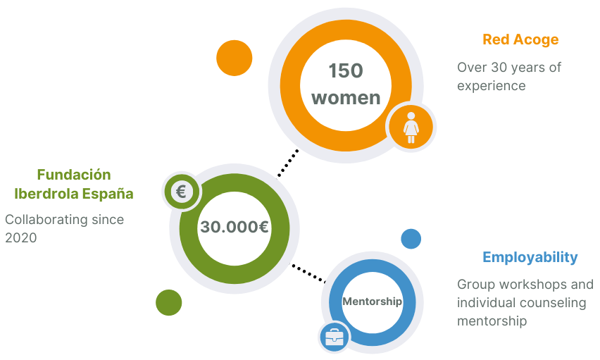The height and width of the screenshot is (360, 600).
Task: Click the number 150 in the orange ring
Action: click(x=346, y=71)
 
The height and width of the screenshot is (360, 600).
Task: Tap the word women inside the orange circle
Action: click(x=346, y=98)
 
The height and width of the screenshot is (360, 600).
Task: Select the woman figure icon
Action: click(x=411, y=128)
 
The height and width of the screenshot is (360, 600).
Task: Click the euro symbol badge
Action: click(x=182, y=191)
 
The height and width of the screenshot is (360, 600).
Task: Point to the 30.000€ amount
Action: click(x=235, y=227)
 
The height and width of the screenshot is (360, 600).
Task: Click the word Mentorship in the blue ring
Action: click(x=373, y=302)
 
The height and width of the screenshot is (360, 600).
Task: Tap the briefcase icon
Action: click(x=334, y=337)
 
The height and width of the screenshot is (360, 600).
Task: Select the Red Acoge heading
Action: click(x=520, y=39)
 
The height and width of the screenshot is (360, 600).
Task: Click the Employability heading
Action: click(x=530, y=257)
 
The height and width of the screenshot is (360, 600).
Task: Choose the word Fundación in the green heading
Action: click(x=74, y=175)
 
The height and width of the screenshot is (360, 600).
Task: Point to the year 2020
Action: click(x=21, y=238)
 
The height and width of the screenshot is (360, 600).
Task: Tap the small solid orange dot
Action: click(x=235, y=58)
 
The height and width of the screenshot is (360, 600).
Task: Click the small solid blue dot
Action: click(x=411, y=239)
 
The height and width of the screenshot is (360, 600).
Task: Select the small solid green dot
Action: click(x=169, y=302)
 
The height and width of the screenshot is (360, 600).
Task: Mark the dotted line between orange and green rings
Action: click(x=288, y=163)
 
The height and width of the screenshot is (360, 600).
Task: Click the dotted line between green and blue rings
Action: click(x=309, y=273)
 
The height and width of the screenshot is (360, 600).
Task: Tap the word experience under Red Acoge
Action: click(x=492, y=86)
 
